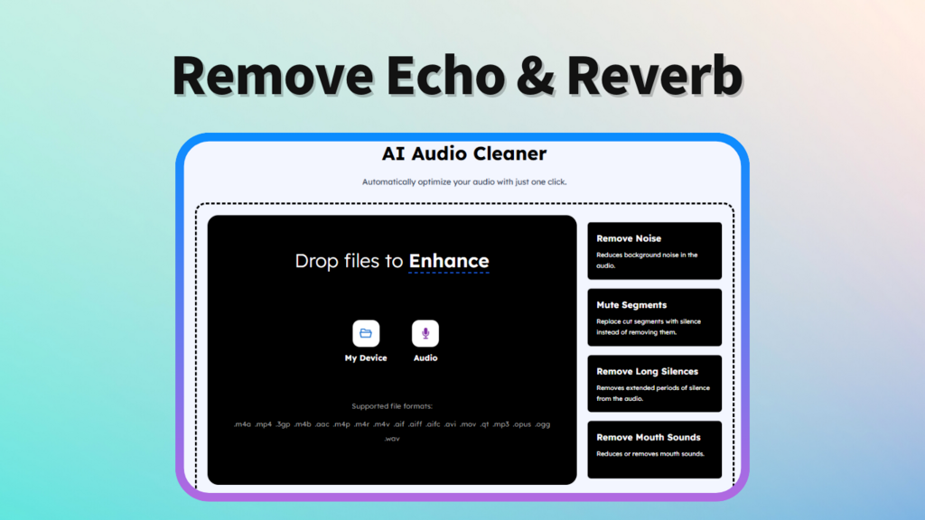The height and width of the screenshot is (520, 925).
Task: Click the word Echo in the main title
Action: (446, 76)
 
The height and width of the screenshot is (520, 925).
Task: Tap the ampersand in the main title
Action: (536, 76)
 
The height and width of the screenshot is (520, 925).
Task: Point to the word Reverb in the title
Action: (654, 76)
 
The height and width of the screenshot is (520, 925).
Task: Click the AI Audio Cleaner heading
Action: (464, 153)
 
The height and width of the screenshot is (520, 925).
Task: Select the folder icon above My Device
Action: (366, 334)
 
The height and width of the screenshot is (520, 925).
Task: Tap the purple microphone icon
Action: (425, 334)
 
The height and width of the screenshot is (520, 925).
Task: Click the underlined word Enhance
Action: (449, 261)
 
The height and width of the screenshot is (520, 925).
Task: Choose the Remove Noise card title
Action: (629, 238)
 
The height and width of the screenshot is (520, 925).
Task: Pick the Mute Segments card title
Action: (631, 305)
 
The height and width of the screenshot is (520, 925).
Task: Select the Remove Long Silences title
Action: (647, 371)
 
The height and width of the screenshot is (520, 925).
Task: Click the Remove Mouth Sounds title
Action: (649, 438)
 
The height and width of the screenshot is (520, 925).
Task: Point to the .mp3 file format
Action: (500, 424)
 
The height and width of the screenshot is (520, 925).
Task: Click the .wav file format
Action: (392, 439)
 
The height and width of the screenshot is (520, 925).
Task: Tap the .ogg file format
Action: (542, 424)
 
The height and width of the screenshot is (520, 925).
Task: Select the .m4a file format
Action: (242, 424)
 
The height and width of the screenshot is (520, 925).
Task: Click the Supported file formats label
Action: (392, 406)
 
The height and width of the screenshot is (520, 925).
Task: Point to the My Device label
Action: (366, 357)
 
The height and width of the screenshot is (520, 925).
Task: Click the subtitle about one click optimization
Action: (464, 182)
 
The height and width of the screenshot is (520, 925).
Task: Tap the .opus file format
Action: (521, 424)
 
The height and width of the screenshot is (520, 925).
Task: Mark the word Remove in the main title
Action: (273, 76)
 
